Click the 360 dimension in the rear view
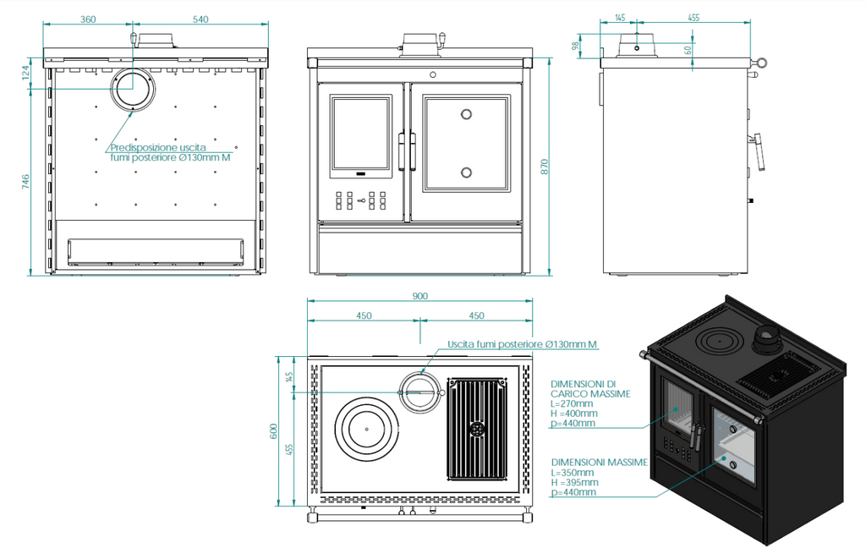[x=88, y=19]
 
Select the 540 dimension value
[x=200, y=19]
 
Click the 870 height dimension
[x=545, y=167]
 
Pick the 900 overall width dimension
[x=419, y=296]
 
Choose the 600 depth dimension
[x=273, y=431]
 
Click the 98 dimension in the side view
[x=577, y=46]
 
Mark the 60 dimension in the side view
[x=688, y=50]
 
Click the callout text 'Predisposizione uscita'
[x=158, y=147]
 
